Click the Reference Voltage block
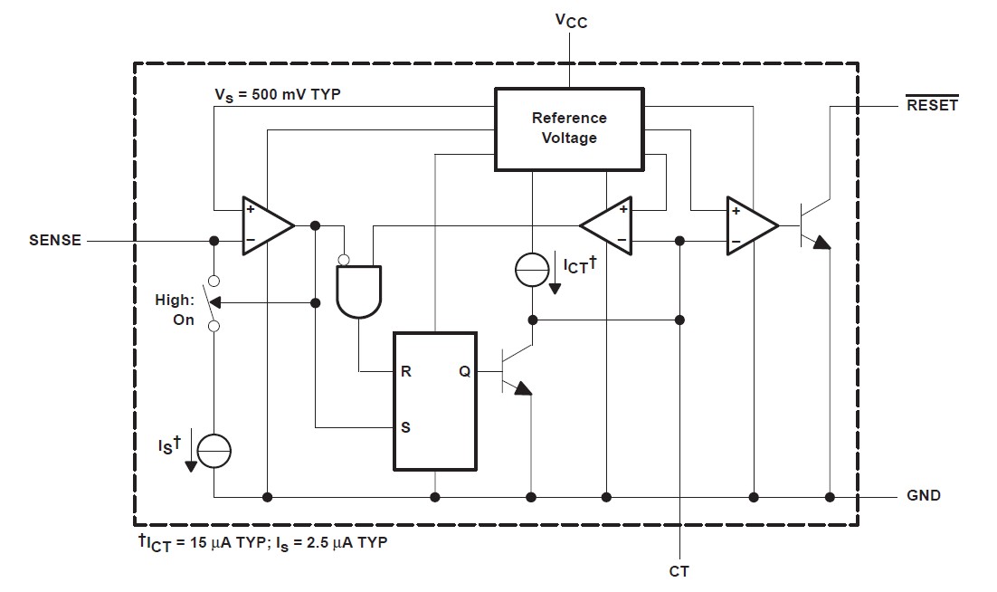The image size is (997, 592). coord(569,129)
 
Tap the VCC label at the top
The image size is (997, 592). coord(570,20)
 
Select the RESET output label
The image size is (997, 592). coord(932,105)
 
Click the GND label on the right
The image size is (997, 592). coord(924,496)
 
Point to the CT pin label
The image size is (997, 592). coord(679,571)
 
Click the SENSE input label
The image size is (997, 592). coord(55,241)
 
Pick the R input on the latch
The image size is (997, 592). coord(406,371)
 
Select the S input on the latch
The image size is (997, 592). coord(405,427)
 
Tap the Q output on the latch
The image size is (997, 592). coord(465,371)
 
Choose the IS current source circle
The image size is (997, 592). coord(214,450)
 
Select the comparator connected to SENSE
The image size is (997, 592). coord(264,225)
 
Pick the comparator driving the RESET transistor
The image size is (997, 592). coord(749,225)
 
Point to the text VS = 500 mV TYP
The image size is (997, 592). coord(277,94)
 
